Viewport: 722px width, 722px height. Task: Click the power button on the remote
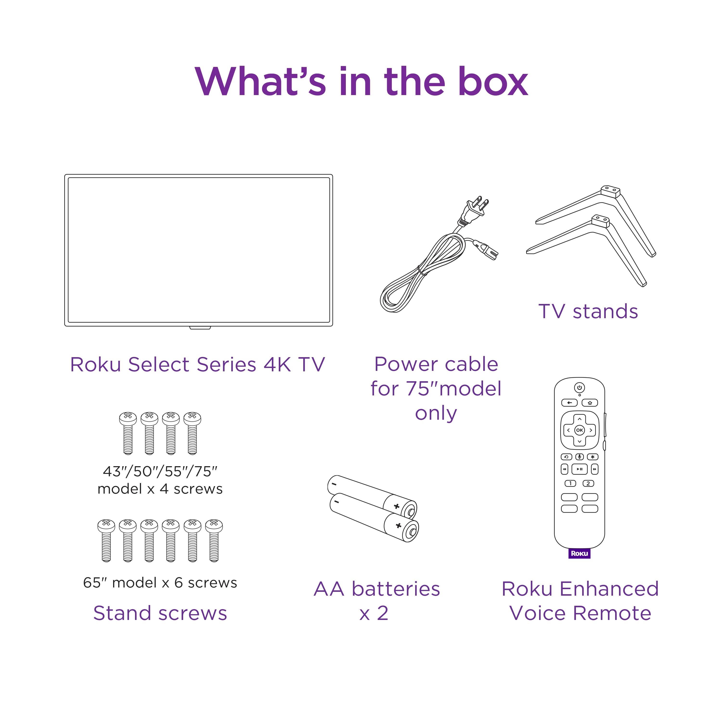(579, 387)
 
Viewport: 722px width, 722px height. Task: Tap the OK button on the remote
(579, 430)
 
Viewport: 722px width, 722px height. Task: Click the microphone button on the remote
(580, 457)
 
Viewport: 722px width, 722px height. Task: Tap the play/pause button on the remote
(579, 469)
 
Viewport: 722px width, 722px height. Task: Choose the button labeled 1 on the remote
(570, 483)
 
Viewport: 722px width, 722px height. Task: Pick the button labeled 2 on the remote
(588, 483)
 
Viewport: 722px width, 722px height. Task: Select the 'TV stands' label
(588, 311)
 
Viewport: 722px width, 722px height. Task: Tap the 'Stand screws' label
(160, 613)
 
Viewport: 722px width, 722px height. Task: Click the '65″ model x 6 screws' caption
(160, 583)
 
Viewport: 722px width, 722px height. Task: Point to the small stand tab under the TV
(200, 328)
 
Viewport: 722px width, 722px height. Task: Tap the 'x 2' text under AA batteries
(374, 613)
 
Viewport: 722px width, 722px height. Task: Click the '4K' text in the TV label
(277, 364)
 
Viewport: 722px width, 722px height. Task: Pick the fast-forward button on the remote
(594, 469)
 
